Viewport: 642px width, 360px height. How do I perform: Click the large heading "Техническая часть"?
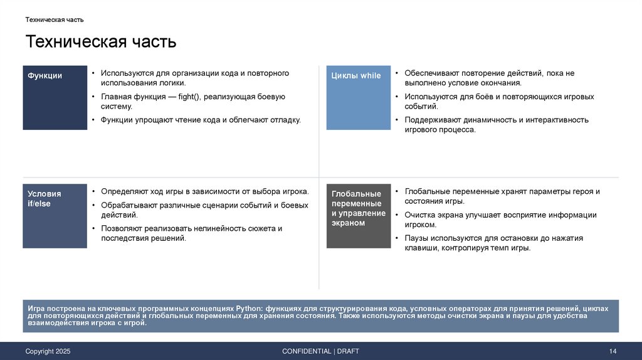[100, 42]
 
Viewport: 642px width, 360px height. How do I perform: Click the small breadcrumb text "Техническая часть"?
[55, 19]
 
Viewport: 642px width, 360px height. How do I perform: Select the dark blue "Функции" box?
[55, 97]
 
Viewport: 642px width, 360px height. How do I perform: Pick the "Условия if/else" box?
[55, 216]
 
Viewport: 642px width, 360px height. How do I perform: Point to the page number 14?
[613, 351]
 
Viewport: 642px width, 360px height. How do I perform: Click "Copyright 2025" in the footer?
[48, 351]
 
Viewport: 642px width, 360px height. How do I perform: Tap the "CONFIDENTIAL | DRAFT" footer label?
[320, 351]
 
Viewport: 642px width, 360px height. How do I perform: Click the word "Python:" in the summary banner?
[251, 309]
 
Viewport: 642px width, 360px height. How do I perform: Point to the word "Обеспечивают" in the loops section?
[429, 73]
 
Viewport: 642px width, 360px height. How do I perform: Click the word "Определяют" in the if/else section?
[121, 191]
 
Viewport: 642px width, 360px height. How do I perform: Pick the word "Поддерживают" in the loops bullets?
[430, 120]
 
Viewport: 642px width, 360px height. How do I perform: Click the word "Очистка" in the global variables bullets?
[419, 214]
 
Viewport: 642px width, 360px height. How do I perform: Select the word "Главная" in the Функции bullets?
[115, 97]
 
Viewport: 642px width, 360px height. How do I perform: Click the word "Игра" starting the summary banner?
[35, 309]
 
